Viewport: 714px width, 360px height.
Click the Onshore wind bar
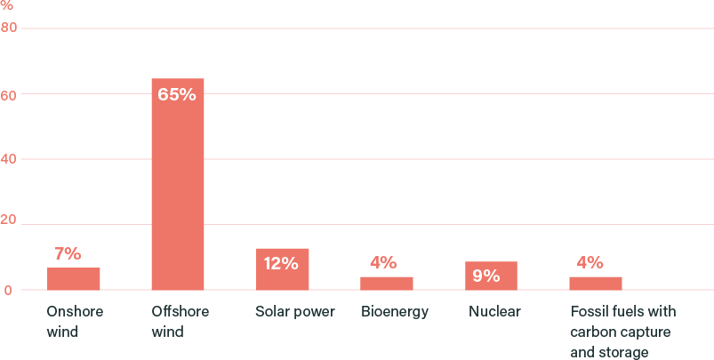pos(74,278)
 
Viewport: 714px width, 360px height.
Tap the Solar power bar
pos(283,268)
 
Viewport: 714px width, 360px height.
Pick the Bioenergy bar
pos(387,283)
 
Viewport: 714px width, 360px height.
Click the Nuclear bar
pos(491,276)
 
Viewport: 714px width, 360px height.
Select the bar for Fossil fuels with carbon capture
pos(596,283)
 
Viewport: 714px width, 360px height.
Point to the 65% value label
pos(177,94)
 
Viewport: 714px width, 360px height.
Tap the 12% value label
pos(281,263)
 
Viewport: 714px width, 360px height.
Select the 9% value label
pos(486,276)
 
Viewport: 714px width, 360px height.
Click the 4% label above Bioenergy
pos(383,262)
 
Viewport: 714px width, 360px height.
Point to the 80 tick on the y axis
pos(9,28)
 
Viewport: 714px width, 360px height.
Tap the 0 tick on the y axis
pos(5,290)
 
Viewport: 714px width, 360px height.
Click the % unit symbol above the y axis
pos(7,6)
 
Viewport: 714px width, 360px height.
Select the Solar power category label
pos(295,312)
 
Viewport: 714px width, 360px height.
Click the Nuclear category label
pos(494,312)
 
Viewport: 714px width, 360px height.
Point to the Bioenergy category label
pos(395,312)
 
